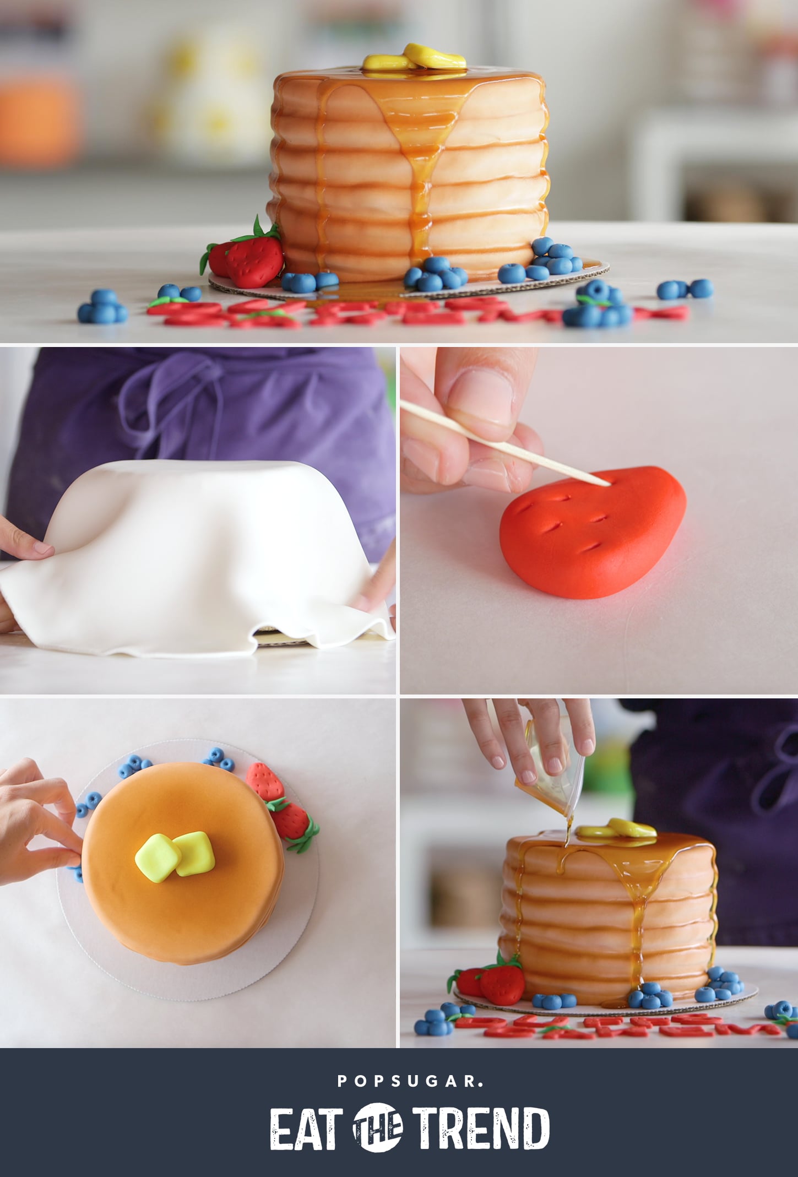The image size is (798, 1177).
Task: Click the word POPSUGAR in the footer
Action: (x=410, y=1082)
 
